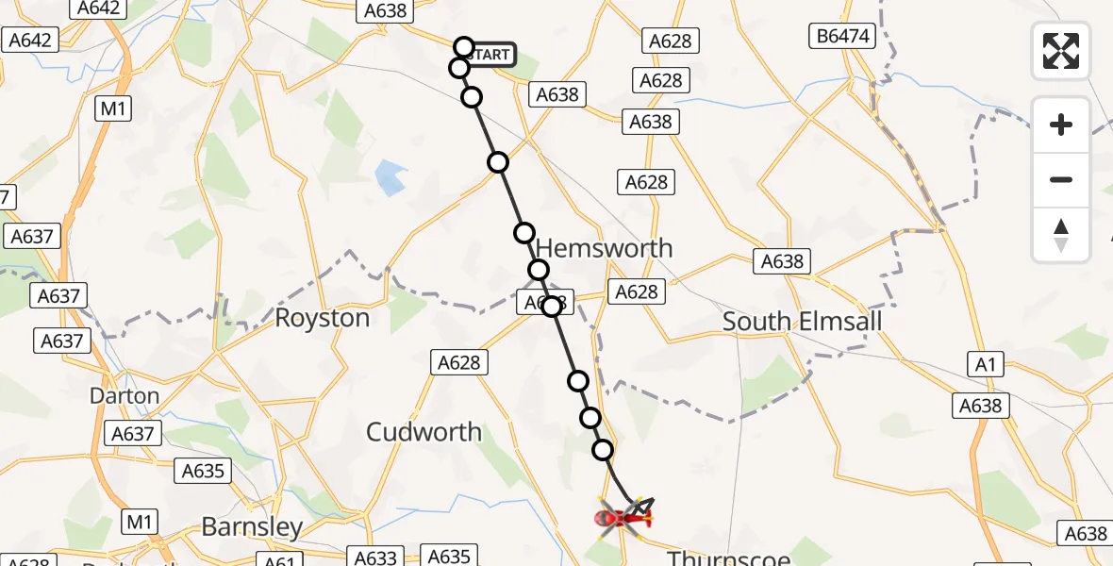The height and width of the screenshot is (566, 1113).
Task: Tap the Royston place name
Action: click(x=322, y=318)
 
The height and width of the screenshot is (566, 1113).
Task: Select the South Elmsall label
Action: click(x=802, y=322)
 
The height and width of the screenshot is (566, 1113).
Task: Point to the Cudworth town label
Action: click(x=424, y=432)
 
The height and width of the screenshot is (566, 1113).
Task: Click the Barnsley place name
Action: click(x=252, y=526)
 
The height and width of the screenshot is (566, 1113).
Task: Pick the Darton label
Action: click(x=125, y=395)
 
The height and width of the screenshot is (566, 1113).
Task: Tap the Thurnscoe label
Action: click(x=728, y=558)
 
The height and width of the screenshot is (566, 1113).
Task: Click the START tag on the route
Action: click(x=490, y=55)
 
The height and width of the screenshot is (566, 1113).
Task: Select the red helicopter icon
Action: click(x=623, y=517)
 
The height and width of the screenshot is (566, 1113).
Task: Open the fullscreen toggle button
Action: click(x=1061, y=50)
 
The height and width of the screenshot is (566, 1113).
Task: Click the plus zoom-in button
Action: click(x=1061, y=125)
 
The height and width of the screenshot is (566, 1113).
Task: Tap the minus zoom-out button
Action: click(x=1061, y=179)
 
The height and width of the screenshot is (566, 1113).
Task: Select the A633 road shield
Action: click(x=375, y=558)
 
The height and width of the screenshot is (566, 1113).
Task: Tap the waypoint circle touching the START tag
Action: click(x=463, y=46)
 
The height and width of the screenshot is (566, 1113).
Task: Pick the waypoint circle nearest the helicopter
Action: click(x=603, y=451)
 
